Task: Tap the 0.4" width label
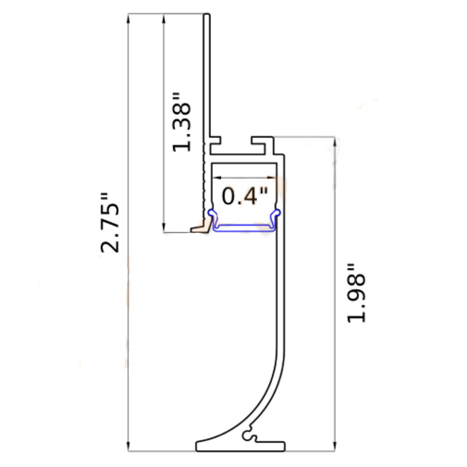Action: [x=245, y=196]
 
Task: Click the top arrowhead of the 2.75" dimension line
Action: [x=128, y=19]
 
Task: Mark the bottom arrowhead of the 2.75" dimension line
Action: [x=128, y=447]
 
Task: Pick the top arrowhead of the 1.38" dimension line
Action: [x=163, y=19]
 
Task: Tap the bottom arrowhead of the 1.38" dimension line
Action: [x=163, y=228]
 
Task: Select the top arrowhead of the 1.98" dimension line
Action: [x=334, y=142]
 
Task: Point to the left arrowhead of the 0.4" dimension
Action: [x=217, y=177]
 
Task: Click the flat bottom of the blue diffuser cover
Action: [x=244, y=228]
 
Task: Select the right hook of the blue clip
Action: [x=277, y=214]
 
